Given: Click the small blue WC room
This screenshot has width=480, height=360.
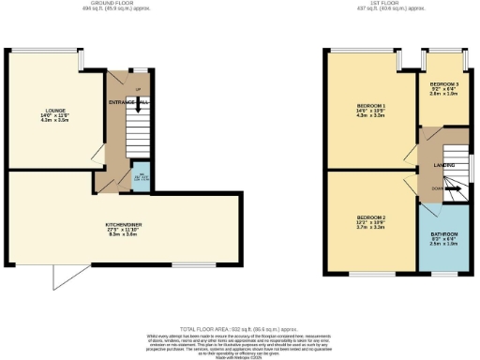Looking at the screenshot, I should [x=140, y=181].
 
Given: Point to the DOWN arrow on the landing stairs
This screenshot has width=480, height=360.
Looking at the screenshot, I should [x=440, y=188].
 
